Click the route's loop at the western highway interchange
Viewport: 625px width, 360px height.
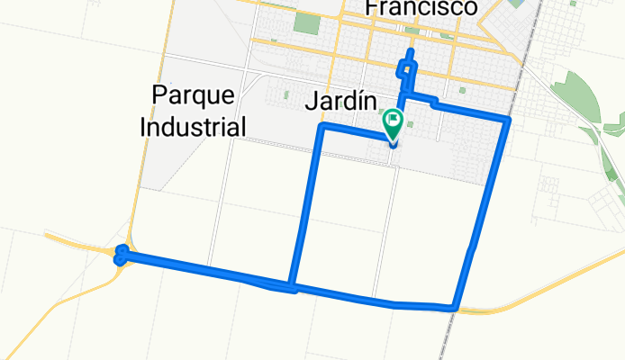click(x=122, y=256)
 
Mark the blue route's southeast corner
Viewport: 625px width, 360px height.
click(x=457, y=309)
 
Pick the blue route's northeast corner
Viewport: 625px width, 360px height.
click(x=509, y=119)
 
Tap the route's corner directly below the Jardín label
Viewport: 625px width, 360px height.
click(x=322, y=128)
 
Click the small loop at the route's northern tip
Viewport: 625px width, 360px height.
click(x=409, y=63)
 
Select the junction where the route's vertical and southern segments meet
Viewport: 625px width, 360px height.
click(x=292, y=288)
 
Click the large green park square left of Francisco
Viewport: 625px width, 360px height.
click(x=306, y=22)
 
